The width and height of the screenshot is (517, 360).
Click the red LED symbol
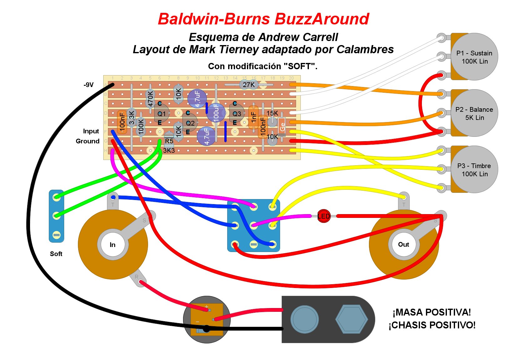[x=324, y=216]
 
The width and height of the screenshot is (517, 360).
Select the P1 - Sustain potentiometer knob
[x=474, y=57]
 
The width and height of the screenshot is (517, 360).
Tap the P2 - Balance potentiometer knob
[x=474, y=113]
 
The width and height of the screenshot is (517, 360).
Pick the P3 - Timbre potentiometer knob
[x=474, y=170]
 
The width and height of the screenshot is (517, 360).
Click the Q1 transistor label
[x=161, y=114]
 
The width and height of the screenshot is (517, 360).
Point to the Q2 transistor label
[x=190, y=123]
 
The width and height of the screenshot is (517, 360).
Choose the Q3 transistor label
[x=237, y=114]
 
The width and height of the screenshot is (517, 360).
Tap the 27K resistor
[x=249, y=85]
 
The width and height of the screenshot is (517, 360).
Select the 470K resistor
[x=150, y=98]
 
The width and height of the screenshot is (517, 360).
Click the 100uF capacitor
[x=216, y=113]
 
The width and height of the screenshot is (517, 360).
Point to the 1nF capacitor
[x=253, y=117]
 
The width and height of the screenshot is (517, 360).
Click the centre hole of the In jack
[x=113, y=244]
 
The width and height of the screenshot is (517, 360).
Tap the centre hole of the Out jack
[x=404, y=244]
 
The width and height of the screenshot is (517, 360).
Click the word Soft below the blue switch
[x=56, y=254]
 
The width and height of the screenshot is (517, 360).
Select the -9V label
[x=89, y=85]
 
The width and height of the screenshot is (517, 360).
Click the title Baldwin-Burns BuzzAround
[x=264, y=19]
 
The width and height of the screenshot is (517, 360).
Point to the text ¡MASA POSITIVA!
[x=432, y=312]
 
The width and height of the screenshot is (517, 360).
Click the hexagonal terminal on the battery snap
[x=351, y=319]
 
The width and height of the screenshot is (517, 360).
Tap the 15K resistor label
[x=272, y=113]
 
